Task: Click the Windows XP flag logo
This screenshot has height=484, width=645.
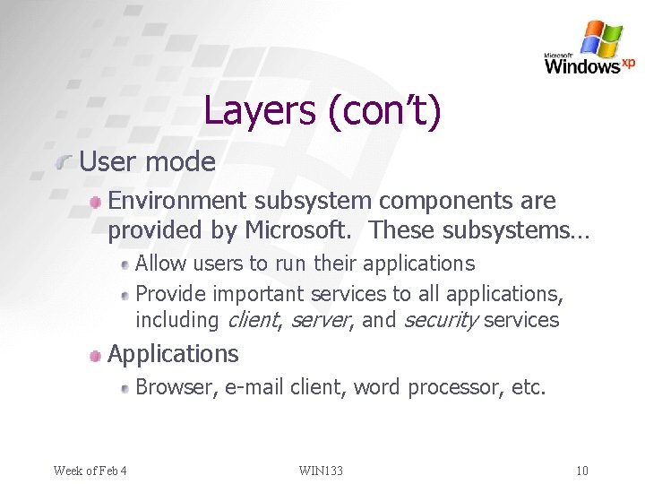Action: pyautogui.click(x=601, y=39)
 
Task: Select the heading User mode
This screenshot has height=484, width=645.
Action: pyautogui.click(x=148, y=162)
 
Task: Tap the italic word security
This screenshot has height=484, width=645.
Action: pyautogui.click(x=440, y=320)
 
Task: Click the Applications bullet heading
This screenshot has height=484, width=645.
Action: pyautogui.click(x=173, y=354)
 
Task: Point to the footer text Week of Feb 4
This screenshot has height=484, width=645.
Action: pyautogui.click(x=90, y=471)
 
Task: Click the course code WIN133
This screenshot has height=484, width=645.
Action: pyautogui.click(x=321, y=471)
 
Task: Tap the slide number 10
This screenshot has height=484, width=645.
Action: pyautogui.click(x=581, y=471)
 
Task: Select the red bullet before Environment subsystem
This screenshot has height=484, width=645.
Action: pyautogui.click(x=95, y=203)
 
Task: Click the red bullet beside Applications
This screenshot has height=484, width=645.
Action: pyautogui.click(x=95, y=356)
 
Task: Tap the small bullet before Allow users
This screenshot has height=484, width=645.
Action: pyautogui.click(x=125, y=265)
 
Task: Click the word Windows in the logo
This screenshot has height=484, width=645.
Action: pyautogui.click(x=581, y=65)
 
